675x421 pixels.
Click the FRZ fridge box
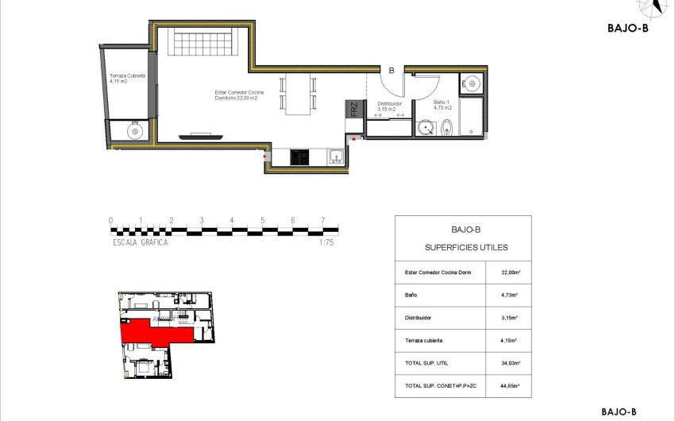354,110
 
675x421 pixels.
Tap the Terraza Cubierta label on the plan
129,78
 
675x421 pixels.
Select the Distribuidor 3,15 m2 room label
389,106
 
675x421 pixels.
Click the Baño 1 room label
442,105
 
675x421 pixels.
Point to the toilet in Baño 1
446,126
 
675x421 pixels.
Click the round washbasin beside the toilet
425,127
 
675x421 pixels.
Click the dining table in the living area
299,95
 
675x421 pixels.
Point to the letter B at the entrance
391,70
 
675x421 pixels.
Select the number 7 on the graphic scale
323,220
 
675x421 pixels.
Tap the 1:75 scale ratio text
326,243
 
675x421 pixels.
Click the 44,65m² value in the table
511,385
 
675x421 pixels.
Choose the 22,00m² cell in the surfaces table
511,272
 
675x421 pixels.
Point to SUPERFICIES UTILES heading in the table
462,248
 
